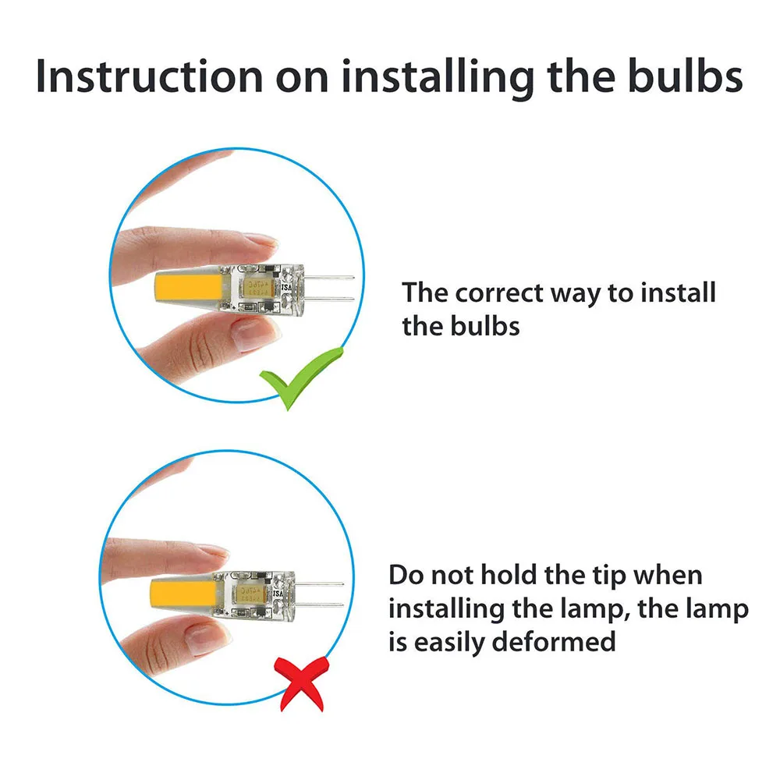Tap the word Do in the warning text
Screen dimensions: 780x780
[406, 575]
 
